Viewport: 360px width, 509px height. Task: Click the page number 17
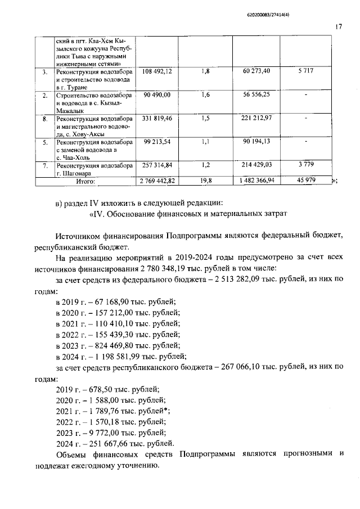click(x=339, y=26)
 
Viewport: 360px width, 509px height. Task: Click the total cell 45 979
click(x=307, y=181)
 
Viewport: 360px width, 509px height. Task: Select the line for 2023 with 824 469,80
click(x=118, y=345)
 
